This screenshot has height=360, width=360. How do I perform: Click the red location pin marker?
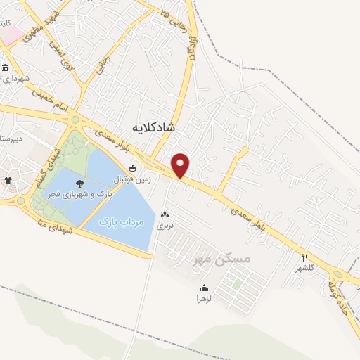[x=181, y=165]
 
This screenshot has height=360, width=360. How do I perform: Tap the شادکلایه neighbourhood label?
[x=153, y=127]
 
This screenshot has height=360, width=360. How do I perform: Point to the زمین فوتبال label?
[x=131, y=179]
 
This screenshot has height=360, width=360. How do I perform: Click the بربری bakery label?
[x=164, y=226]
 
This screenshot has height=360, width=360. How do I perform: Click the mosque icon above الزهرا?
[x=204, y=288]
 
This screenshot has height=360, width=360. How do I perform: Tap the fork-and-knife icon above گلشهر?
[x=304, y=257]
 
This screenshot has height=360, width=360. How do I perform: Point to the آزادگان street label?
[x=192, y=47]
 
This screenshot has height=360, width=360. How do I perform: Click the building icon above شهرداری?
[x=6, y=68]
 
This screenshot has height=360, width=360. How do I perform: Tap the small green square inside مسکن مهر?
[x=238, y=284]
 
